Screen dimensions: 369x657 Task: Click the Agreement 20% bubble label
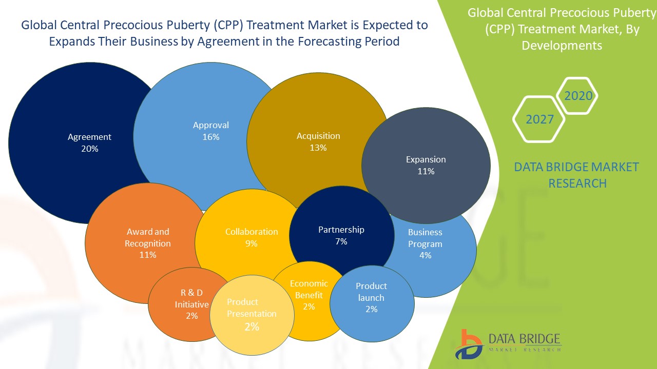(89, 142)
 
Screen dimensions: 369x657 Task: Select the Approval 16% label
(211, 131)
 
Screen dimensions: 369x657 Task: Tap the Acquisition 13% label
(318, 141)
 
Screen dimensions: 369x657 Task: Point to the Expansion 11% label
(426, 165)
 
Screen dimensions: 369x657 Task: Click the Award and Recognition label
(148, 243)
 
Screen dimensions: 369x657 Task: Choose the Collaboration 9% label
(252, 237)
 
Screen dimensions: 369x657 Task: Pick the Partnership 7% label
(341, 235)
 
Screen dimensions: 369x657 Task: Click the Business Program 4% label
(425, 243)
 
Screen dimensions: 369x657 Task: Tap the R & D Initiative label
(191, 304)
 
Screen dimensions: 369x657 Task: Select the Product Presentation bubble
(252, 314)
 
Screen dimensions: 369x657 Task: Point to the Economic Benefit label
(308, 295)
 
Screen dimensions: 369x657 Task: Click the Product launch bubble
(371, 297)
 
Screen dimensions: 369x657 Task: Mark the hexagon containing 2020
(578, 96)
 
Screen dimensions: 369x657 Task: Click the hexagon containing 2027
(539, 119)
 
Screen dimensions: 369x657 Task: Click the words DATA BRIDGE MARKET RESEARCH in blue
(577, 175)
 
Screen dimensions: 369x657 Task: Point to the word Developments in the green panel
(562, 45)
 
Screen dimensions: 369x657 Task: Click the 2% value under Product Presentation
(252, 326)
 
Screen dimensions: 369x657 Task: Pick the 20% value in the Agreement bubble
(89, 149)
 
